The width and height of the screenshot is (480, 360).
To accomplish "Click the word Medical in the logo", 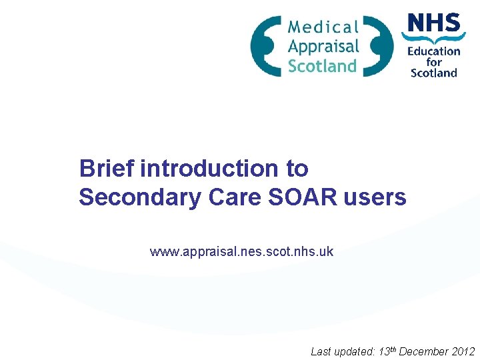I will tap(323, 27).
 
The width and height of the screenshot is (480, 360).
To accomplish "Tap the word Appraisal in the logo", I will tap(323, 46).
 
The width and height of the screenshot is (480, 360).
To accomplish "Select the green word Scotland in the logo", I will tap(322, 65).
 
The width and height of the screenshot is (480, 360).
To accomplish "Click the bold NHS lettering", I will tap(433, 25).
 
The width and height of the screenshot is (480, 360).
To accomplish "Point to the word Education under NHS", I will tap(434, 51).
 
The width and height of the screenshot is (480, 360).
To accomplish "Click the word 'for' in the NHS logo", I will tap(434, 62).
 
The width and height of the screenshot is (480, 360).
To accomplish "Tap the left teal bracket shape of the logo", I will tap(265, 46).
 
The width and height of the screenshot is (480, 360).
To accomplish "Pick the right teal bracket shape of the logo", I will tap(379, 46).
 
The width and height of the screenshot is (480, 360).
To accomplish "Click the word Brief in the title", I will tap(107, 169).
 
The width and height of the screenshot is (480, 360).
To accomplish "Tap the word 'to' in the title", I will tap(297, 169).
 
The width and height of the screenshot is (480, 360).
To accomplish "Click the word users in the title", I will tap(375, 197).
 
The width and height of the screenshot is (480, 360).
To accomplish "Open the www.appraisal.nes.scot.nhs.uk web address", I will tap(241, 252).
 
